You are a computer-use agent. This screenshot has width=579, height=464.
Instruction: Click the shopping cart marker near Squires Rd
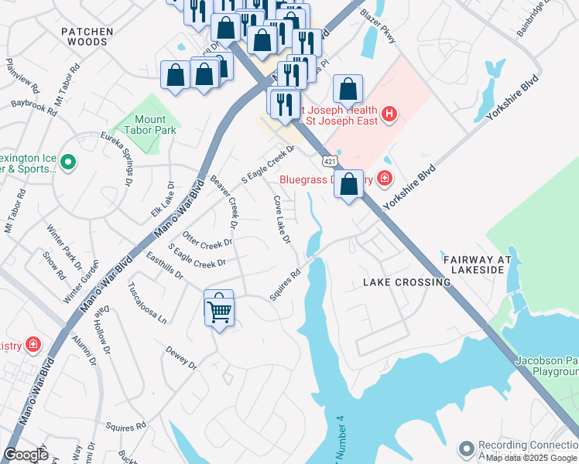coord(220,310)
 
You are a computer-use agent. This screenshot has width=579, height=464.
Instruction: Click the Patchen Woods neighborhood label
coord(87,36)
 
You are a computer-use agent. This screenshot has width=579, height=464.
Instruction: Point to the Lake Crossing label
coord(406,282)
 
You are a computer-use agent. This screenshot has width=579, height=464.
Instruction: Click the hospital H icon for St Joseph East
coord(389,115)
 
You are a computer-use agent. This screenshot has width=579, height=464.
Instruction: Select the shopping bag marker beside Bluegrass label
coord(349,185)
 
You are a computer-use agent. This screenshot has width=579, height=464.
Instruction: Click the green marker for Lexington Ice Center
coord(68,162)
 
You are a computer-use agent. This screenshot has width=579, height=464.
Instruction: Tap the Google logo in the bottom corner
coord(26,455)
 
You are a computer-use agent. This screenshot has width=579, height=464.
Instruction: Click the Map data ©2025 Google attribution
coord(531,458)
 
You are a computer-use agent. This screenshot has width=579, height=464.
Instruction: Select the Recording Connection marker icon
coord(466,449)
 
